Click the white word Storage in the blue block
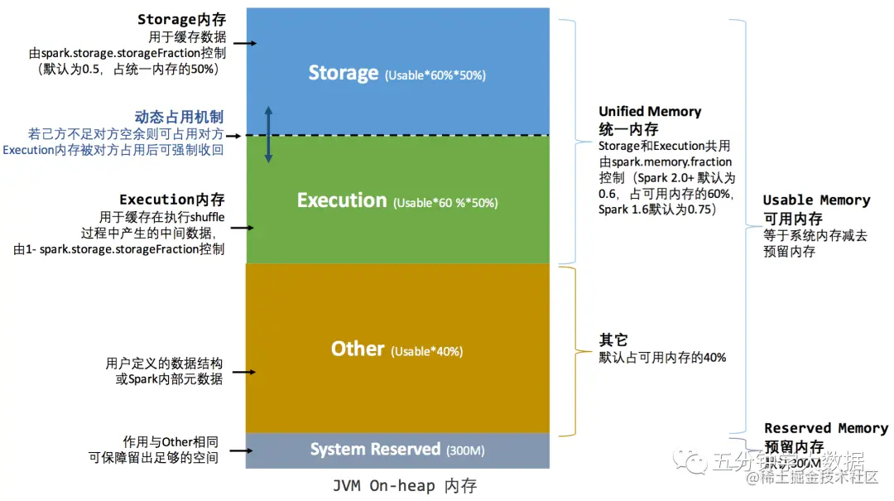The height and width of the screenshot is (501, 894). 343,73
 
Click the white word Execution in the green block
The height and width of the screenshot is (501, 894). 342,200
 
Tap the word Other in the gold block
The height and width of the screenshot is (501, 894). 358,349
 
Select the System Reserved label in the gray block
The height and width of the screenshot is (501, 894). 375,450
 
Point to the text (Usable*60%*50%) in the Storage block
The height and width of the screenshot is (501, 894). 435,75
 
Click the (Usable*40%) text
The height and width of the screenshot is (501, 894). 426,351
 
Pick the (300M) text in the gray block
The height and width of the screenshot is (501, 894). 465,451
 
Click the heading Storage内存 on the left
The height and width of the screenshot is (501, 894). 181,19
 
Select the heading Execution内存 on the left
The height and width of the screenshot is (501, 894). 171,200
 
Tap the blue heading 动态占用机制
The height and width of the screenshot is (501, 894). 179,117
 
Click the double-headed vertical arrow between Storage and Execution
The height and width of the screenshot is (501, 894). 268,134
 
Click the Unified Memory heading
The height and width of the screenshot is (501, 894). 650,112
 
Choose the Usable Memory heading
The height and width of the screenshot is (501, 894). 816,200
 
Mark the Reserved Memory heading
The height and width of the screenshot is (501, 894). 825,428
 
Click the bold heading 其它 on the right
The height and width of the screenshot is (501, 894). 613,340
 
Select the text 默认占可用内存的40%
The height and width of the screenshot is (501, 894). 662,358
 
